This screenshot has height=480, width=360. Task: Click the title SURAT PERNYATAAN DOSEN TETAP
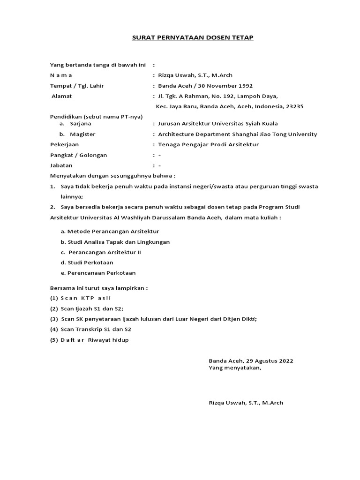(x=193, y=37)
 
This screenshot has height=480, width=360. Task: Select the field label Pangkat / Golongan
(x=78, y=155)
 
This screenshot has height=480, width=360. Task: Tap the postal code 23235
(x=294, y=106)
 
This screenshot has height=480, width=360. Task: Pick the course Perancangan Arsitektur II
(x=105, y=252)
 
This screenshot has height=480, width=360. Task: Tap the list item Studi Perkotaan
(x=90, y=262)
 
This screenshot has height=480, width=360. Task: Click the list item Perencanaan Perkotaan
(x=101, y=273)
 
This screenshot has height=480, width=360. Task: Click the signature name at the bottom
(x=246, y=403)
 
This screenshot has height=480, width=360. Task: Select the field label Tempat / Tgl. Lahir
(x=77, y=86)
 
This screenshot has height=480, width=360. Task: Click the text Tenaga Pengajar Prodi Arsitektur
(x=209, y=144)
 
